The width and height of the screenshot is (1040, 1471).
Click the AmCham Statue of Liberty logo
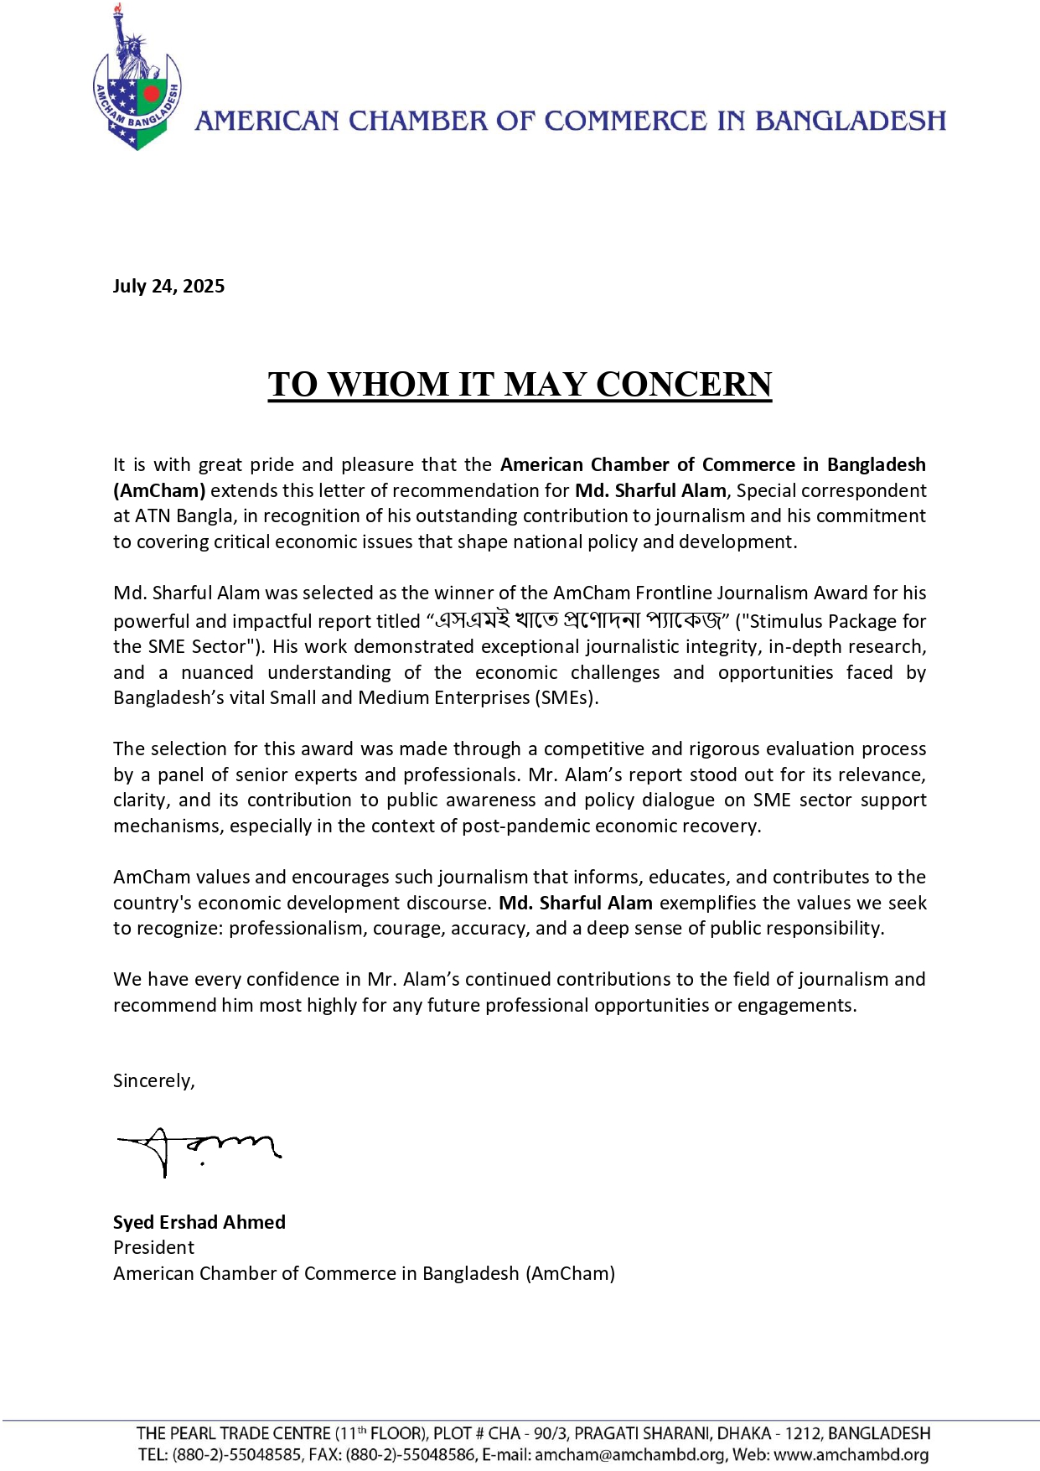(137, 80)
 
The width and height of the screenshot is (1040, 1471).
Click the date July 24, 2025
(168, 287)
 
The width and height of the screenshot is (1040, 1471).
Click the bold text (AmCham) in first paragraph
(159, 491)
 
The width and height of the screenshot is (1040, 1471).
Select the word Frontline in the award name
(672, 593)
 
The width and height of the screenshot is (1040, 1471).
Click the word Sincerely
(153, 1081)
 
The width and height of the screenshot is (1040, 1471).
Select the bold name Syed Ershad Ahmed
(199, 1223)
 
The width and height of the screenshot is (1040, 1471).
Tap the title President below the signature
(153, 1248)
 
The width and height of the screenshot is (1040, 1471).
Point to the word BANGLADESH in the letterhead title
(851, 121)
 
